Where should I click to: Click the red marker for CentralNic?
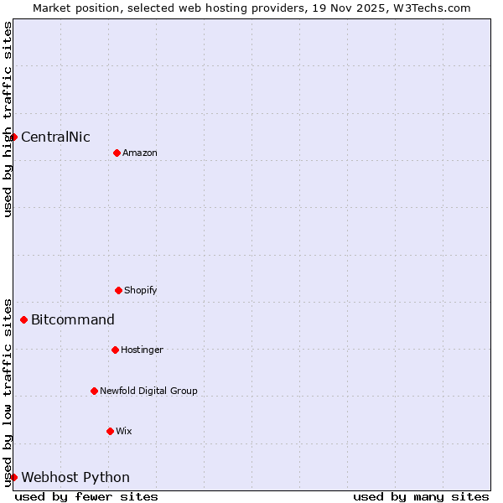click(x=14, y=137)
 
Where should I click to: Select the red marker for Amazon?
click(x=117, y=153)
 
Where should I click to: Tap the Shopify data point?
click(x=118, y=290)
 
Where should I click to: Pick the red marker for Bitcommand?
click(x=24, y=319)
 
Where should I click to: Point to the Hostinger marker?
click(x=115, y=350)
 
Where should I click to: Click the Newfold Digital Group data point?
click(x=94, y=391)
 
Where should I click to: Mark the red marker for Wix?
click(x=110, y=431)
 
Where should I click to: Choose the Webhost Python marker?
click(x=14, y=477)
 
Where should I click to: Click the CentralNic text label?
click(x=55, y=137)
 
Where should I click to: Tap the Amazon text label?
click(x=140, y=153)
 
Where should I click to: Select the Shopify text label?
click(x=141, y=290)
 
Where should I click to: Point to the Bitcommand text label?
click(x=73, y=319)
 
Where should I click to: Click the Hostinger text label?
click(x=142, y=350)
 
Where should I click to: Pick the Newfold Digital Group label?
click(x=148, y=391)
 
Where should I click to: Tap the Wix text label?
click(x=124, y=431)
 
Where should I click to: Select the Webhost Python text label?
click(x=75, y=478)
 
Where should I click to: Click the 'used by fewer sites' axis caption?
click(x=86, y=496)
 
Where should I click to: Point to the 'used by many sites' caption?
click(x=421, y=496)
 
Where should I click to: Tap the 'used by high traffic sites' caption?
click(x=8, y=119)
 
